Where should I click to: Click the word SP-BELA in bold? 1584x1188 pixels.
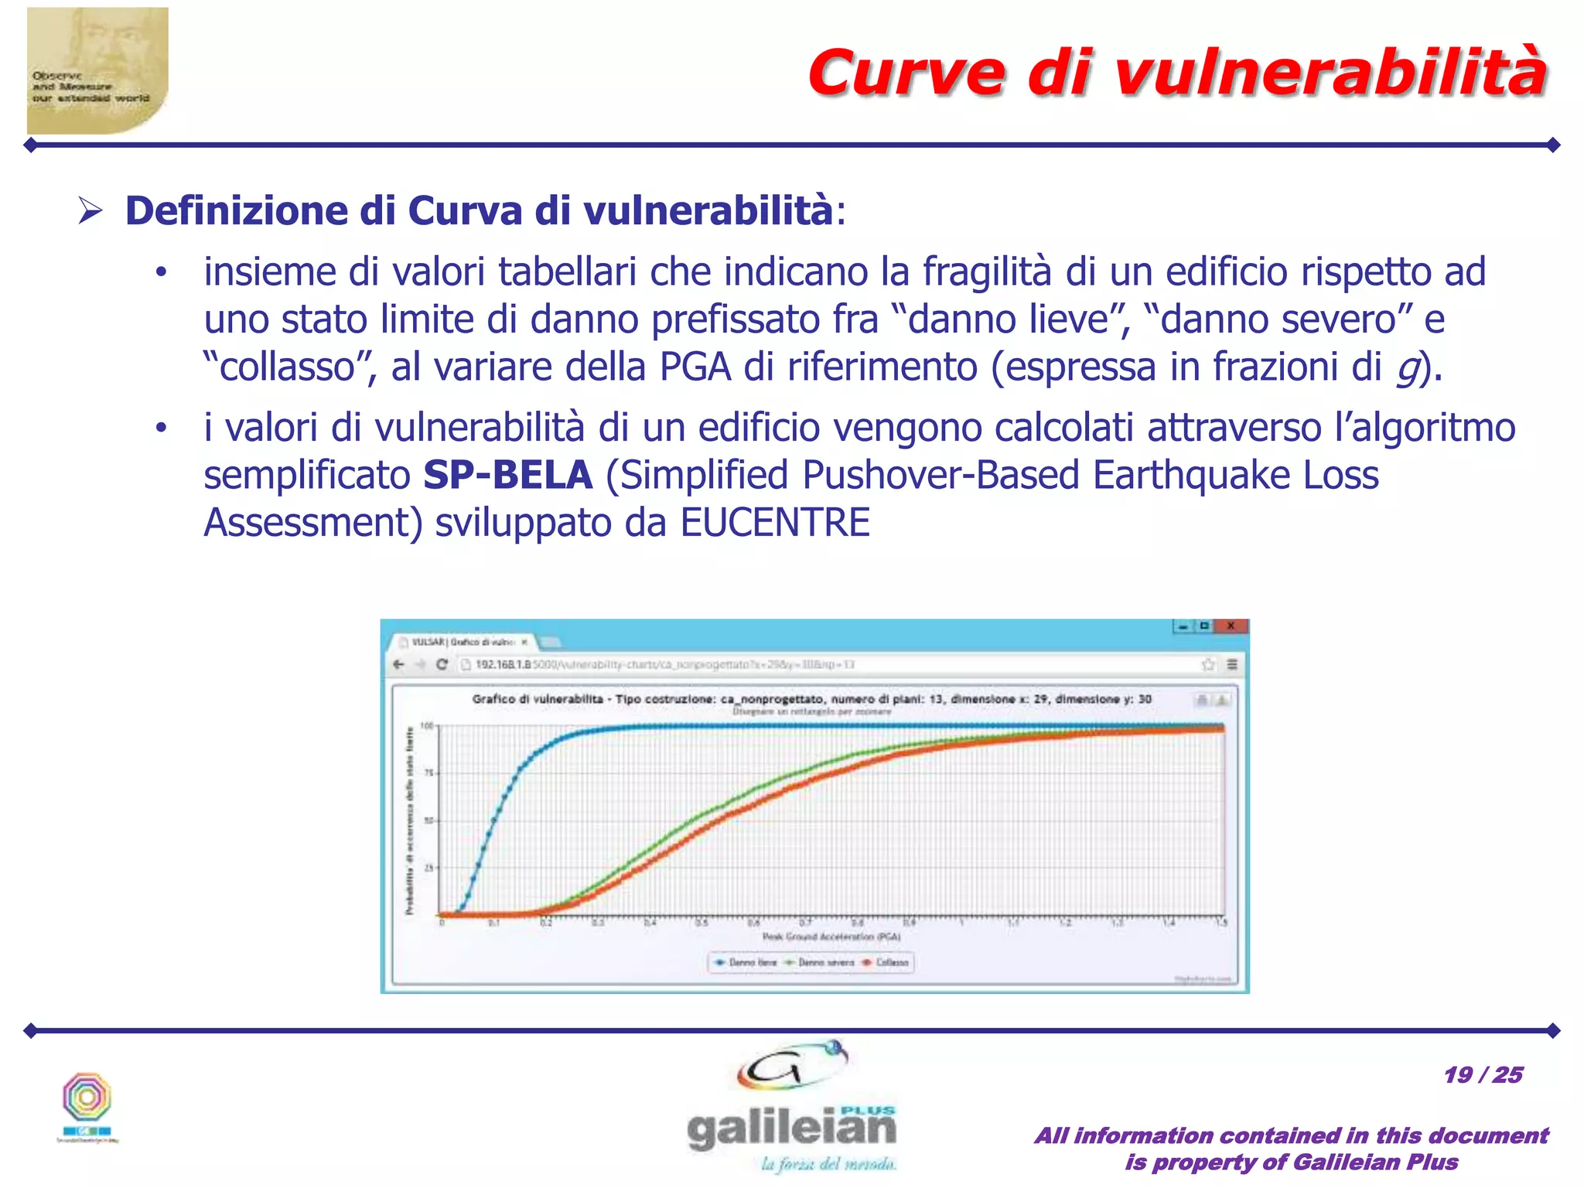tap(508, 475)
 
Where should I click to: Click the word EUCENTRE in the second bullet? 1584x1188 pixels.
tap(775, 523)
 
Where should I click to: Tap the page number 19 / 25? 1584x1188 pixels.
tap(1483, 1075)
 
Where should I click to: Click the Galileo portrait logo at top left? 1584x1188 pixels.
tap(97, 71)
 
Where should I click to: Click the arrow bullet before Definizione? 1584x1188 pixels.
tap(90, 211)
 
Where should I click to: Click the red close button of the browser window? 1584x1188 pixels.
tap(1231, 626)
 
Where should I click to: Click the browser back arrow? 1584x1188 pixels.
tap(399, 664)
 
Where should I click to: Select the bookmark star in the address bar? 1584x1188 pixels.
tap(1208, 664)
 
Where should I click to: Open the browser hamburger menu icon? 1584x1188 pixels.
tap(1232, 664)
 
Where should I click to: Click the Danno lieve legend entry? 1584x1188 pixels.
tap(746, 963)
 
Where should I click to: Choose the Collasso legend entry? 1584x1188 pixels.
tap(886, 963)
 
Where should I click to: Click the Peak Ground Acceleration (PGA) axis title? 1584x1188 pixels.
tap(831, 937)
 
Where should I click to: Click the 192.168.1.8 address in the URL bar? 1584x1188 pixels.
tap(504, 664)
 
